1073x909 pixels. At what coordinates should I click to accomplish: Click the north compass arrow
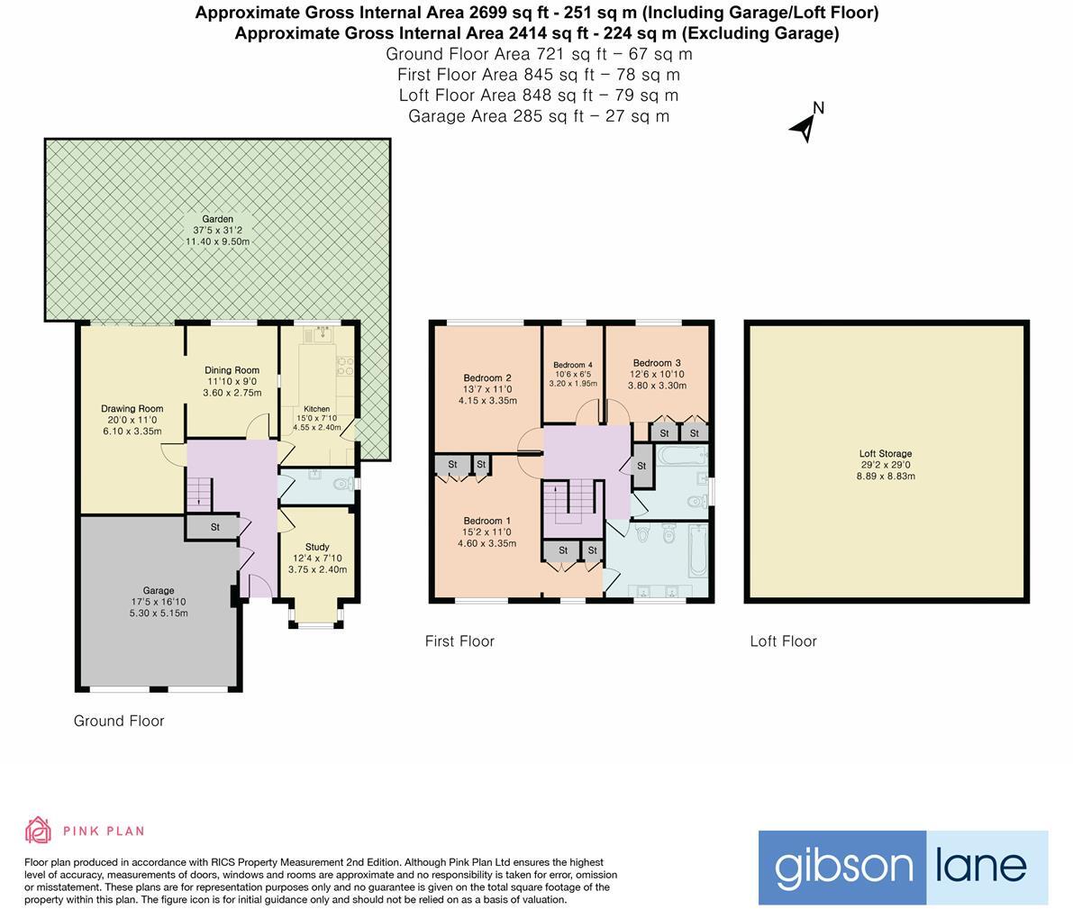coord(805,126)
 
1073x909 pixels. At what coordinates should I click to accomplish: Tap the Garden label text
coord(217,219)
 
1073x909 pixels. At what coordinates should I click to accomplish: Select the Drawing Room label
coord(132,409)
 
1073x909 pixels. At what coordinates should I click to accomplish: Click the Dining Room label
coord(232,370)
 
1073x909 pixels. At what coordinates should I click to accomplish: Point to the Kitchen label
coord(316,409)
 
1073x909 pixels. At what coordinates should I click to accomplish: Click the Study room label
coord(317,547)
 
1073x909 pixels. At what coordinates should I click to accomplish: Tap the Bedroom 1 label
coord(486,521)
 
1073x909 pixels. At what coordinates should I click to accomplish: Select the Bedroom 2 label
coord(487,377)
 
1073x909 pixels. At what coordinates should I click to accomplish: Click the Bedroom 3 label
coord(657,363)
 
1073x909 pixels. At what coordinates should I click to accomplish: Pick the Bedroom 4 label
coord(573,364)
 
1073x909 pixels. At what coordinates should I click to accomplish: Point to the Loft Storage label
coord(885,454)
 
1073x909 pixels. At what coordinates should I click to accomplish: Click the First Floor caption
coord(459,641)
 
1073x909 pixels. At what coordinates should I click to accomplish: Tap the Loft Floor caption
coord(783,641)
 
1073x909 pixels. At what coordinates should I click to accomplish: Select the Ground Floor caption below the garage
coord(119,721)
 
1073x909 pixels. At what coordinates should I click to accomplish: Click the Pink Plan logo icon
coord(38,830)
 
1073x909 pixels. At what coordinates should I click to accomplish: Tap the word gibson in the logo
coord(843,867)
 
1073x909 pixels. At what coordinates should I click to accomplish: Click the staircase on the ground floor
coord(199,493)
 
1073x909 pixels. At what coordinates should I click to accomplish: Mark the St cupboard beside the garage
coord(215,527)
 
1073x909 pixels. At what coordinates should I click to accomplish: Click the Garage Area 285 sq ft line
coord(538,116)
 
